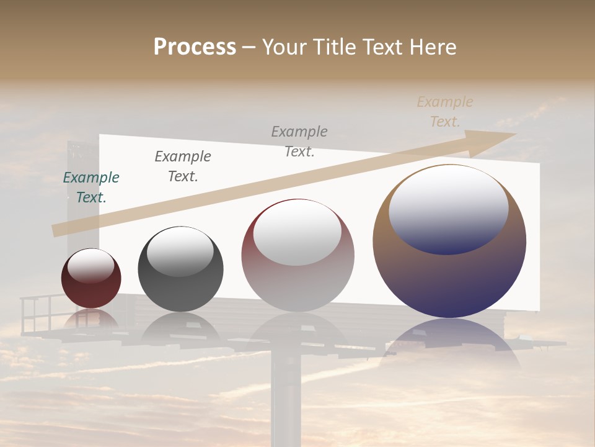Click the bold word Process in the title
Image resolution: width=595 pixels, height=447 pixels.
pyautogui.click(x=195, y=47)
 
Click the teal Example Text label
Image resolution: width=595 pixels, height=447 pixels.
pyautogui.click(x=91, y=187)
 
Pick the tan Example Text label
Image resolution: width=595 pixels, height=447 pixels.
pyautogui.click(x=445, y=112)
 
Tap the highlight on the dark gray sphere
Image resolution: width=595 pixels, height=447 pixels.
pyautogui.click(x=180, y=251)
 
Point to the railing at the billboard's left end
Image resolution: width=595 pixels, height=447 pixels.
pyautogui.click(x=37, y=314)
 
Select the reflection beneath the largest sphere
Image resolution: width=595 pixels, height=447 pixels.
pyautogui.click(x=449, y=341)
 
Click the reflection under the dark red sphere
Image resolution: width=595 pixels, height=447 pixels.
pyautogui.click(x=91, y=320)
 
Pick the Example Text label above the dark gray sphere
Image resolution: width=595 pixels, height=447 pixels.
pyautogui.click(x=183, y=166)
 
